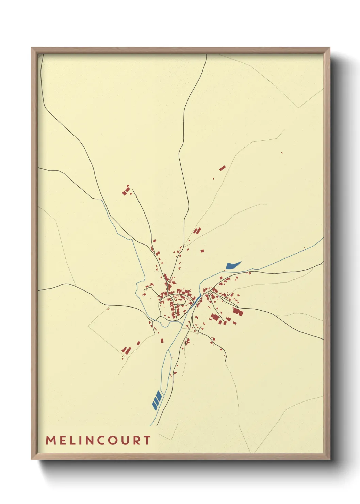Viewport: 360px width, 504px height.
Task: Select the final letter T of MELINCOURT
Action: pyautogui.click(x=147, y=440)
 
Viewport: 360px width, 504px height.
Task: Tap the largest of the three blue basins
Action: pyautogui.click(x=158, y=396)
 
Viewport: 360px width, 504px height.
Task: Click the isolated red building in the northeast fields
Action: pyautogui.click(x=223, y=168)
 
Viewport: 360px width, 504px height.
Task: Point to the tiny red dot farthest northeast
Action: pyautogui.click(x=282, y=153)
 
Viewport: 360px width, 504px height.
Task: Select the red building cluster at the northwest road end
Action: pyautogui.click(x=126, y=191)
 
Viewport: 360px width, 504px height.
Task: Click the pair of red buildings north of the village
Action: pyautogui.click(x=197, y=231)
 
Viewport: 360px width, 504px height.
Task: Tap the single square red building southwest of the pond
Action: pyautogui.click(x=202, y=251)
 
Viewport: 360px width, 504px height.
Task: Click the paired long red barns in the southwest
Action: pyautogui.click(x=126, y=350)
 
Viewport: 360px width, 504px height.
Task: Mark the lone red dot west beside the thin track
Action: pyautogui.click(x=108, y=309)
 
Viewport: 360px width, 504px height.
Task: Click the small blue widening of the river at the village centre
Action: pyautogui.click(x=196, y=300)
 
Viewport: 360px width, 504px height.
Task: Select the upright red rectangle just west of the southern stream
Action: pyautogui.click(x=162, y=340)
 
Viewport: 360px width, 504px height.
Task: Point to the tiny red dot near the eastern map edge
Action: pyautogui.click(x=304, y=248)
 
